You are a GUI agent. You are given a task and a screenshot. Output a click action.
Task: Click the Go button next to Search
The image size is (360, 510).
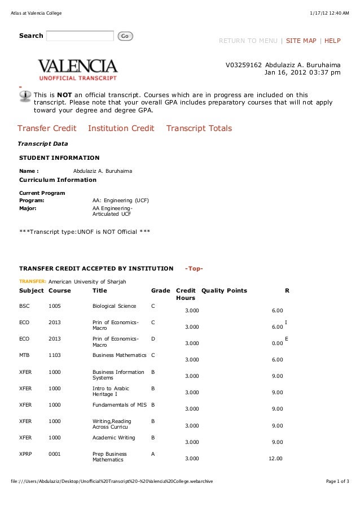125,36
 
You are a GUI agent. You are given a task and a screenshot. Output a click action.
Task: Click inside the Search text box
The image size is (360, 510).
80,36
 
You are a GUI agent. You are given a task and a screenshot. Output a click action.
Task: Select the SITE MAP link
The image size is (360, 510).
301,41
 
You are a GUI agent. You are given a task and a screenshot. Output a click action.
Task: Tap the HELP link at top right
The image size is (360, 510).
332,41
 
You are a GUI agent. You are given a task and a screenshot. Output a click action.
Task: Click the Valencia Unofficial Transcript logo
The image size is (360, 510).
78,69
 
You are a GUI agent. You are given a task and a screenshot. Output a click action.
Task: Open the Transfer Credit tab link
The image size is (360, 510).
47,129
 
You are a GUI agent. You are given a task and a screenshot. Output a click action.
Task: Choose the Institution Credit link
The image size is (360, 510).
121,129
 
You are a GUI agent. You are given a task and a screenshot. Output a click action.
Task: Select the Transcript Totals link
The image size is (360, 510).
199,129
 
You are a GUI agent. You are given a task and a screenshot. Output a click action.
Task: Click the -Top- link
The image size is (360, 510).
194,268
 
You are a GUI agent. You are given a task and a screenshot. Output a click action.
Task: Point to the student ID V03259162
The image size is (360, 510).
243,65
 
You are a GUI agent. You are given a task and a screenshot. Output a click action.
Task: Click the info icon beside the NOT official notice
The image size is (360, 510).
25,97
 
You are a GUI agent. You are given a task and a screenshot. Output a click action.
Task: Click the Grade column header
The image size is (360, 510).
160,291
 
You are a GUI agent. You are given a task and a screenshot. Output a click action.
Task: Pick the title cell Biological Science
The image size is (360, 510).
114,306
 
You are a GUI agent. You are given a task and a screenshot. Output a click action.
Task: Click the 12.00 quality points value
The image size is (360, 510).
275,459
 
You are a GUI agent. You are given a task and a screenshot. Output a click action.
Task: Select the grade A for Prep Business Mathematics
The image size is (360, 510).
153,454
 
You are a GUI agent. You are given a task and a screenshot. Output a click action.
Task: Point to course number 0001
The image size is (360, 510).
55,454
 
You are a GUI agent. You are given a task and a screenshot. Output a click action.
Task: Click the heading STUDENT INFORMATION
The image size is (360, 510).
59,158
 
